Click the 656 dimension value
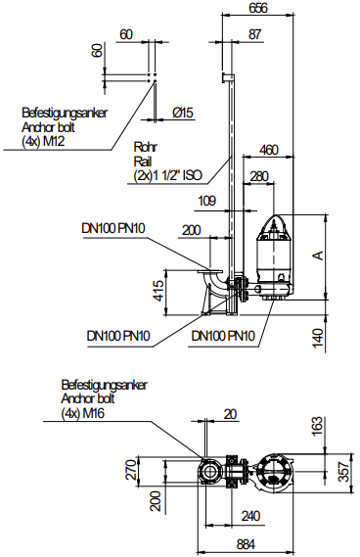pos(258,8)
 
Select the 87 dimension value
pos(254,34)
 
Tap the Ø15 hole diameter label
pos(183,113)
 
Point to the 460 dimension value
pos(269,150)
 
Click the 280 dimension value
pos(259,176)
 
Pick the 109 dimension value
pos(206,201)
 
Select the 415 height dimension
pos(159,291)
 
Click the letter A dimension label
pos(319,255)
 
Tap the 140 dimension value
pos(319,338)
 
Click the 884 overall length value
pos(246,544)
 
